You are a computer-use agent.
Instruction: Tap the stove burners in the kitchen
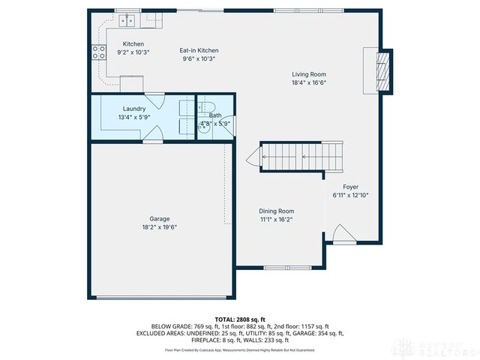coord(98,52)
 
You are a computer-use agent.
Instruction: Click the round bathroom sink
coord(202,128)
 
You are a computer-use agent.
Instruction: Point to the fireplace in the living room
coord(382,70)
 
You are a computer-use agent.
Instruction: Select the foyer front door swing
coord(340,234)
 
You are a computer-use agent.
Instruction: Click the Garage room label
coord(159,219)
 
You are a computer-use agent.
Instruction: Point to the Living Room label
coord(309,74)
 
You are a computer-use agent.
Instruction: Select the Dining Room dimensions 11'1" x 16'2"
coord(277,220)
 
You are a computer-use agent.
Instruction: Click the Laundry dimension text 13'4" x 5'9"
coord(134,118)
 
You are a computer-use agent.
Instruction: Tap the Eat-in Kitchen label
coord(199,51)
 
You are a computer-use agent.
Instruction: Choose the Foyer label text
coord(351,186)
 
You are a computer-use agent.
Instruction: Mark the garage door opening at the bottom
coord(159,298)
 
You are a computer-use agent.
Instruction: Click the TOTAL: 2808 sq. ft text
coord(240,319)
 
